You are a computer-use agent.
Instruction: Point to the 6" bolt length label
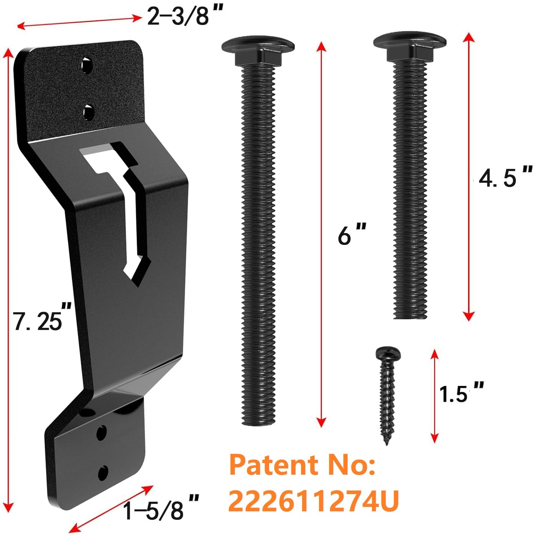coord(351,235)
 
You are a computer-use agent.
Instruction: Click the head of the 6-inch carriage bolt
coord(258,46)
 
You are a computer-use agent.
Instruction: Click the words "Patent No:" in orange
coord(302,465)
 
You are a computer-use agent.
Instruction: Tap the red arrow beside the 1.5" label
coord(434,396)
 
